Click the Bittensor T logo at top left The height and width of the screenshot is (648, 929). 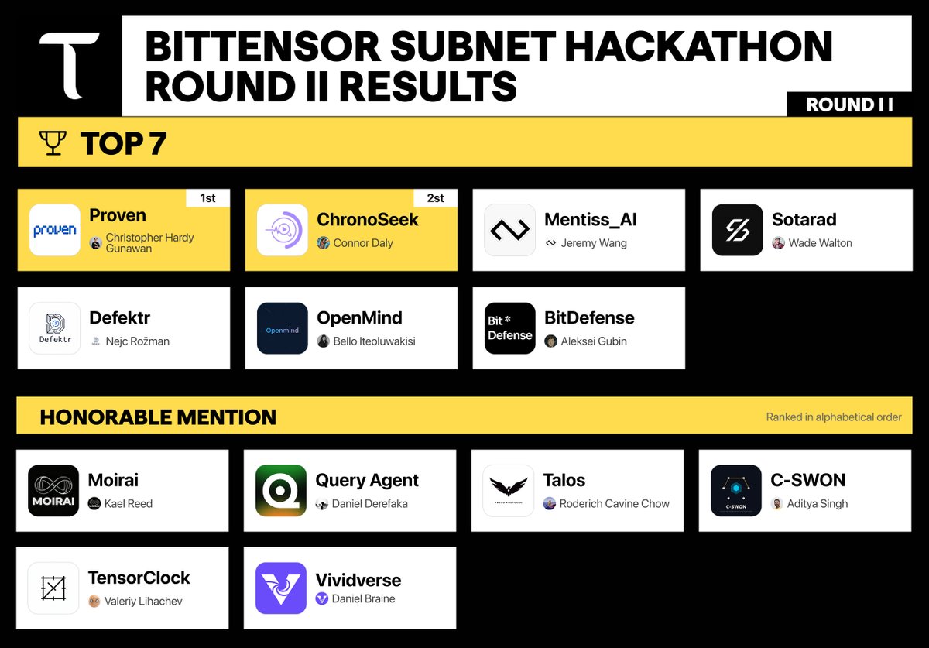pyautogui.click(x=69, y=65)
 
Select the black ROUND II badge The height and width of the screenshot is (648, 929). pyautogui.click(x=849, y=105)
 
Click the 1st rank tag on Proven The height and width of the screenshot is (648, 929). pyautogui.click(x=207, y=198)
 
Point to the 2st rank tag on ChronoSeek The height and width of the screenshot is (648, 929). pyautogui.click(x=435, y=198)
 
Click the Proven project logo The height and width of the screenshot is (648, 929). pyautogui.click(x=55, y=230)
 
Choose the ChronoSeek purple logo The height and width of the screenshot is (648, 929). pyautogui.click(x=283, y=230)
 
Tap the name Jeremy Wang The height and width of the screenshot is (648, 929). pyautogui.click(x=594, y=243)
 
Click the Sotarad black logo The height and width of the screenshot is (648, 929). pyautogui.click(x=737, y=230)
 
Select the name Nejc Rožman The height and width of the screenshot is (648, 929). pyautogui.click(x=137, y=341)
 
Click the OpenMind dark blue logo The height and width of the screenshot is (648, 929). pyautogui.click(x=283, y=328)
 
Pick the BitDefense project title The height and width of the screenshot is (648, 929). pyautogui.click(x=589, y=318)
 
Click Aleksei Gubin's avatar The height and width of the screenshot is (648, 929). pyautogui.click(x=550, y=341)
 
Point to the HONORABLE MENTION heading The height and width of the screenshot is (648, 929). pyautogui.click(x=158, y=417)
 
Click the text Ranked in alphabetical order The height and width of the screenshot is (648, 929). pyautogui.click(x=834, y=417)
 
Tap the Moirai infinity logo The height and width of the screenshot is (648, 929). pyautogui.click(x=53, y=491)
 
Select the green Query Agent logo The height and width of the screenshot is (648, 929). pyautogui.click(x=281, y=491)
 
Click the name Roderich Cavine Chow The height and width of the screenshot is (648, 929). pyautogui.click(x=615, y=504)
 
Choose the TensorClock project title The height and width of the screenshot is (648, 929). pyautogui.click(x=139, y=578)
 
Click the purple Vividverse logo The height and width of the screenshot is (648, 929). pyautogui.click(x=281, y=588)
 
